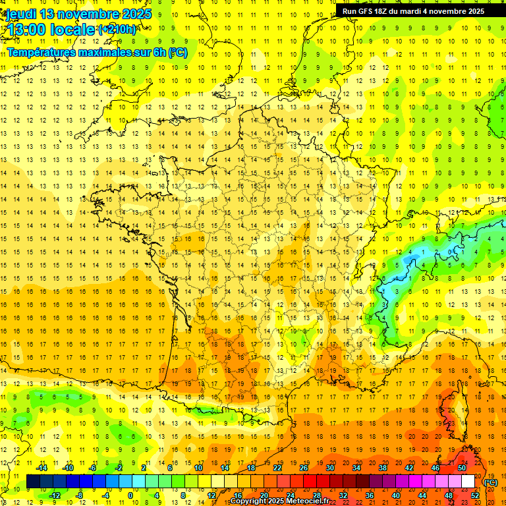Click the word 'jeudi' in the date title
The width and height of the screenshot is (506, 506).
coord(20,14)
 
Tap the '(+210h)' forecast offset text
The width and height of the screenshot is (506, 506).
coord(117,29)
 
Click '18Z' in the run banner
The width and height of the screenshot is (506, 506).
coord(384,11)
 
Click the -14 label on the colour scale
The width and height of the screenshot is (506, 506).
coord(43,468)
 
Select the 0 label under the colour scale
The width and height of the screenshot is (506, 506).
coord(130,495)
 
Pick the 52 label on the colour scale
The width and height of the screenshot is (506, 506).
coord(474,495)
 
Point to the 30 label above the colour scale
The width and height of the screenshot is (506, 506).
coord(329,468)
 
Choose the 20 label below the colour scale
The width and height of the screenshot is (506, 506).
coord(263,495)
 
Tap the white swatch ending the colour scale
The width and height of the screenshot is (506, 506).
coord(468,482)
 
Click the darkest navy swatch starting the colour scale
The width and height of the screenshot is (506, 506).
coord(33,482)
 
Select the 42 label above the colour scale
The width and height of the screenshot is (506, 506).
coord(409,468)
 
